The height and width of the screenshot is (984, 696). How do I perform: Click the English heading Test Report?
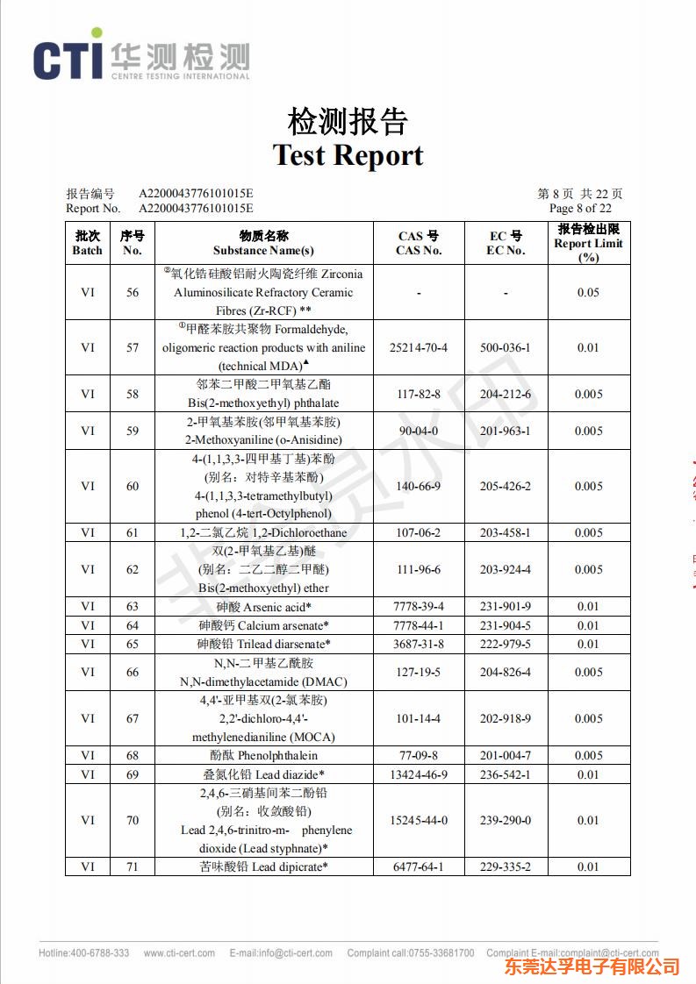(x=348, y=155)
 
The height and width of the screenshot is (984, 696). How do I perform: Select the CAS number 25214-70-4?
(x=419, y=347)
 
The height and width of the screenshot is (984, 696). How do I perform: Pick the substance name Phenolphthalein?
(x=264, y=755)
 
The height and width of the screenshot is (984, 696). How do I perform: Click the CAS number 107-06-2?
(x=419, y=532)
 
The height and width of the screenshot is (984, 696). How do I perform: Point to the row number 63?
(x=133, y=606)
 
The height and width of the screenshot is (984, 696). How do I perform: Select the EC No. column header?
(x=506, y=243)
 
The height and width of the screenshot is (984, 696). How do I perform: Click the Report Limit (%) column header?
(x=588, y=243)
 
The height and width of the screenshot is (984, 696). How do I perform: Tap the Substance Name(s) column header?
(x=263, y=243)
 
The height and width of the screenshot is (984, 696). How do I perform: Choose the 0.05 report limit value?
(x=588, y=292)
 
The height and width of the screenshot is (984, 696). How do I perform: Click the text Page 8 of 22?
(x=580, y=209)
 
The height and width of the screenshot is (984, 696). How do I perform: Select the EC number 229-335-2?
(x=506, y=866)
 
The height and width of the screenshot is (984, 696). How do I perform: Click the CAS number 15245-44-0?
(x=419, y=820)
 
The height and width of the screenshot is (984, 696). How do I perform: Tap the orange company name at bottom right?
(x=592, y=966)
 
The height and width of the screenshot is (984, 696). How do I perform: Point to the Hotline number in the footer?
(x=83, y=953)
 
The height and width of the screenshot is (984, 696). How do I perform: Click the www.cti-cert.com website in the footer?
(x=179, y=953)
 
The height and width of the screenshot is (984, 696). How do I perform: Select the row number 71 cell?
(x=133, y=866)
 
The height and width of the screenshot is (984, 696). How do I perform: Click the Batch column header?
(x=87, y=243)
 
